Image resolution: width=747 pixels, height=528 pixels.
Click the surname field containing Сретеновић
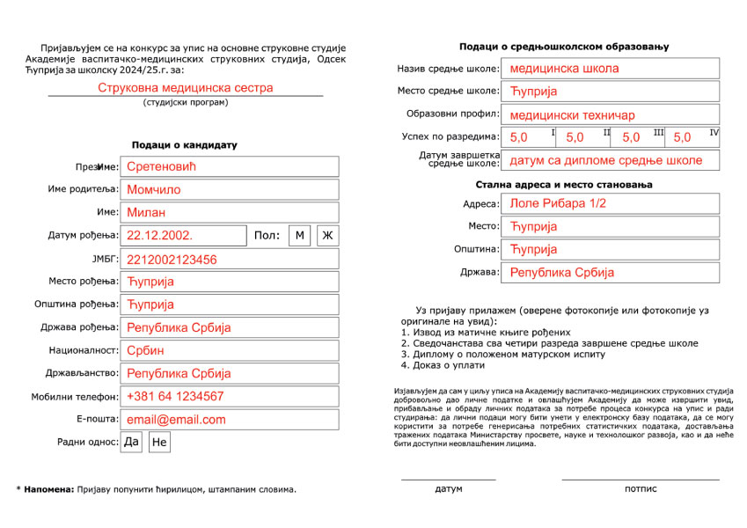pyautogui.click(x=230, y=166)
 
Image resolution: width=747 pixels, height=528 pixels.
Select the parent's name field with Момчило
pyautogui.click(x=230, y=189)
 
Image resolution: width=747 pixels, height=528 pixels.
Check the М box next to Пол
pyautogui.click(x=299, y=235)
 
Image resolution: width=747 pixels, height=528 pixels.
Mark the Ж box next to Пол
pyautogui.click(x=328, y=235)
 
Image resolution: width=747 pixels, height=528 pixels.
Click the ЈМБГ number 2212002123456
pyautogui.click(x=230, y=260)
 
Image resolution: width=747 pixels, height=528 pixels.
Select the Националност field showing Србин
pyautogui.click(x=230, y=350)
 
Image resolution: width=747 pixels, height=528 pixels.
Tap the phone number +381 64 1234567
pyautogui.click(x=230, y=396)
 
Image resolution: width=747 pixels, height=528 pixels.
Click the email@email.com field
pyautogui.click(x=230, y=420)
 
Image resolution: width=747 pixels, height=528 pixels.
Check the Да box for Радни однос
pyautogui.click(x=131, y=442)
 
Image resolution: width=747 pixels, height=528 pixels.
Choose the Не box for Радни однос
pyautogui.click(x=159, y=443)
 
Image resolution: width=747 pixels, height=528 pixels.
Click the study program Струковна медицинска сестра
pyautogui.click(x=185, y=88)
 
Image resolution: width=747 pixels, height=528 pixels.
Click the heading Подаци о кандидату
pyautogui.click(x=185, y=145)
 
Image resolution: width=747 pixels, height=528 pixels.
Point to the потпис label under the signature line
pyautogui.click(x=641, y=488)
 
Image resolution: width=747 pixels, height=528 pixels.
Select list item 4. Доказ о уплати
pyautogui.click(x=443, y=365)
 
